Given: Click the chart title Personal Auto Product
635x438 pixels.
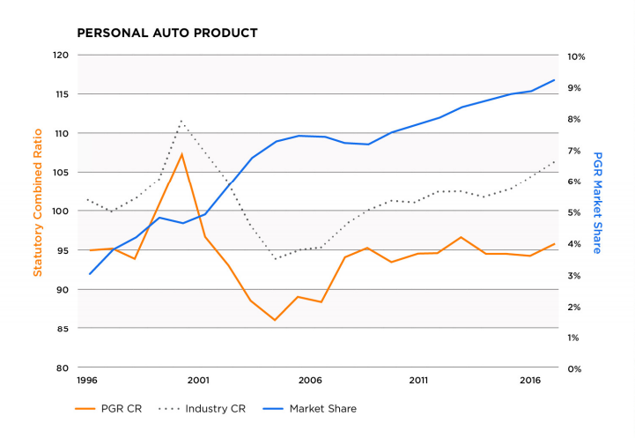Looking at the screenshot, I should (167, 33).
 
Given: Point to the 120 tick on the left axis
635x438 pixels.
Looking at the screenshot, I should (61, 56).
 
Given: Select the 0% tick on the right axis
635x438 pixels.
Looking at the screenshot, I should (573, 368).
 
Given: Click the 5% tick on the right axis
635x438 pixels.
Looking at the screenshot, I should (573, 212).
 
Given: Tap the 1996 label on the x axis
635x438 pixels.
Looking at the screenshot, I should (87, 381).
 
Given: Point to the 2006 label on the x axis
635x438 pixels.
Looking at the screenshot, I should (308, 381).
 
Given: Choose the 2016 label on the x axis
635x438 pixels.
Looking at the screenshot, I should (530, 381).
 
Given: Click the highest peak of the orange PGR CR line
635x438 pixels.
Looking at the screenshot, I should (181, 154).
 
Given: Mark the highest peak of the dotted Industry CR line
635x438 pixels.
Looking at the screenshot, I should (181, 121).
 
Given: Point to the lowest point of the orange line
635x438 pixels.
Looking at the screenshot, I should (275, 320).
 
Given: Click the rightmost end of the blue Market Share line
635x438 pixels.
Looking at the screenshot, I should (554, 80).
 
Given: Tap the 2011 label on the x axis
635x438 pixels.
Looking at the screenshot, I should (418, 381).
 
